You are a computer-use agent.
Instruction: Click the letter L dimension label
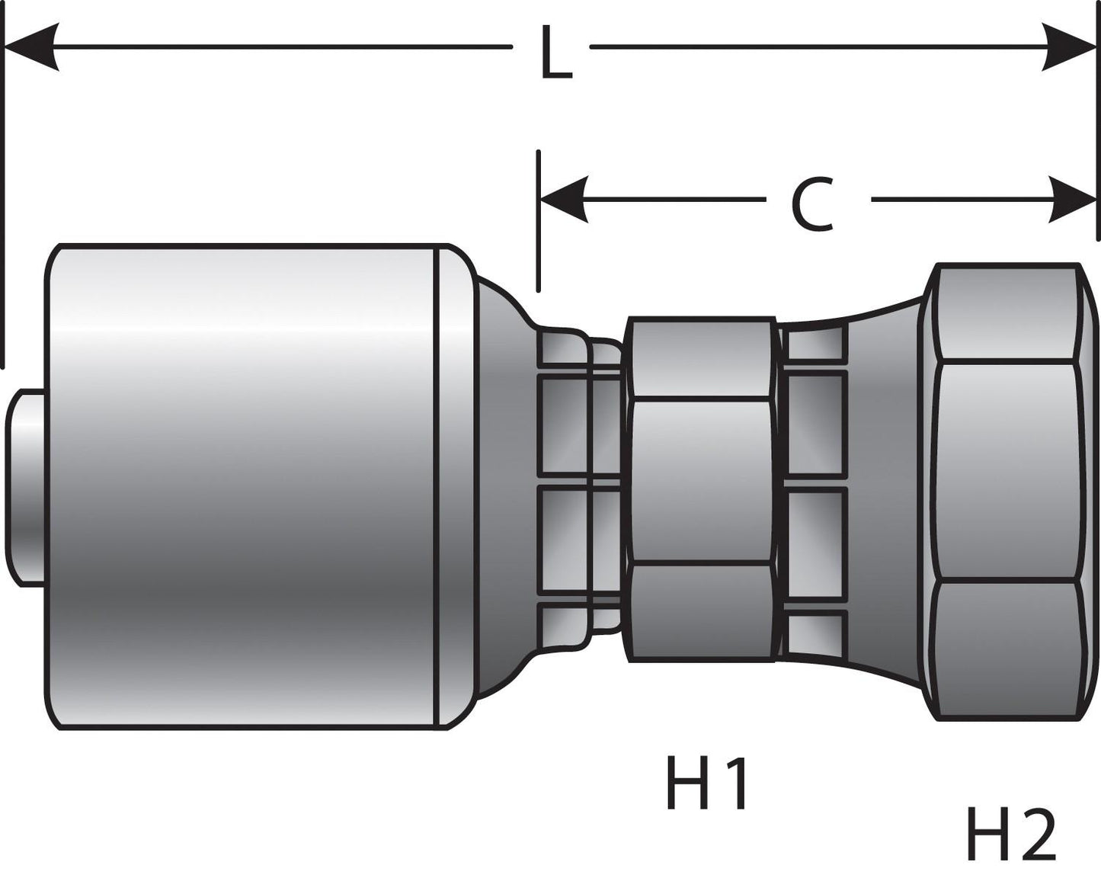(555, 53)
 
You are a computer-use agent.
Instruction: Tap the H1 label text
(708, 784)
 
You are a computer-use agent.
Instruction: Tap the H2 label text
(1010, 835)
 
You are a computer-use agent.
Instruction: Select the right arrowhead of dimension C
(1071, 200)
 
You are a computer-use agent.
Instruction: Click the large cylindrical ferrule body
(244, 488)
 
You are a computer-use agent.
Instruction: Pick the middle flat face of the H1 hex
(701, 479)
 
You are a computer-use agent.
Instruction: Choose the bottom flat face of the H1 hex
(701, 610)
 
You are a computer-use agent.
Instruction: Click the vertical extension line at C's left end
(539, 221)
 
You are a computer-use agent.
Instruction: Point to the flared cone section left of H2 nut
(884, 488)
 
